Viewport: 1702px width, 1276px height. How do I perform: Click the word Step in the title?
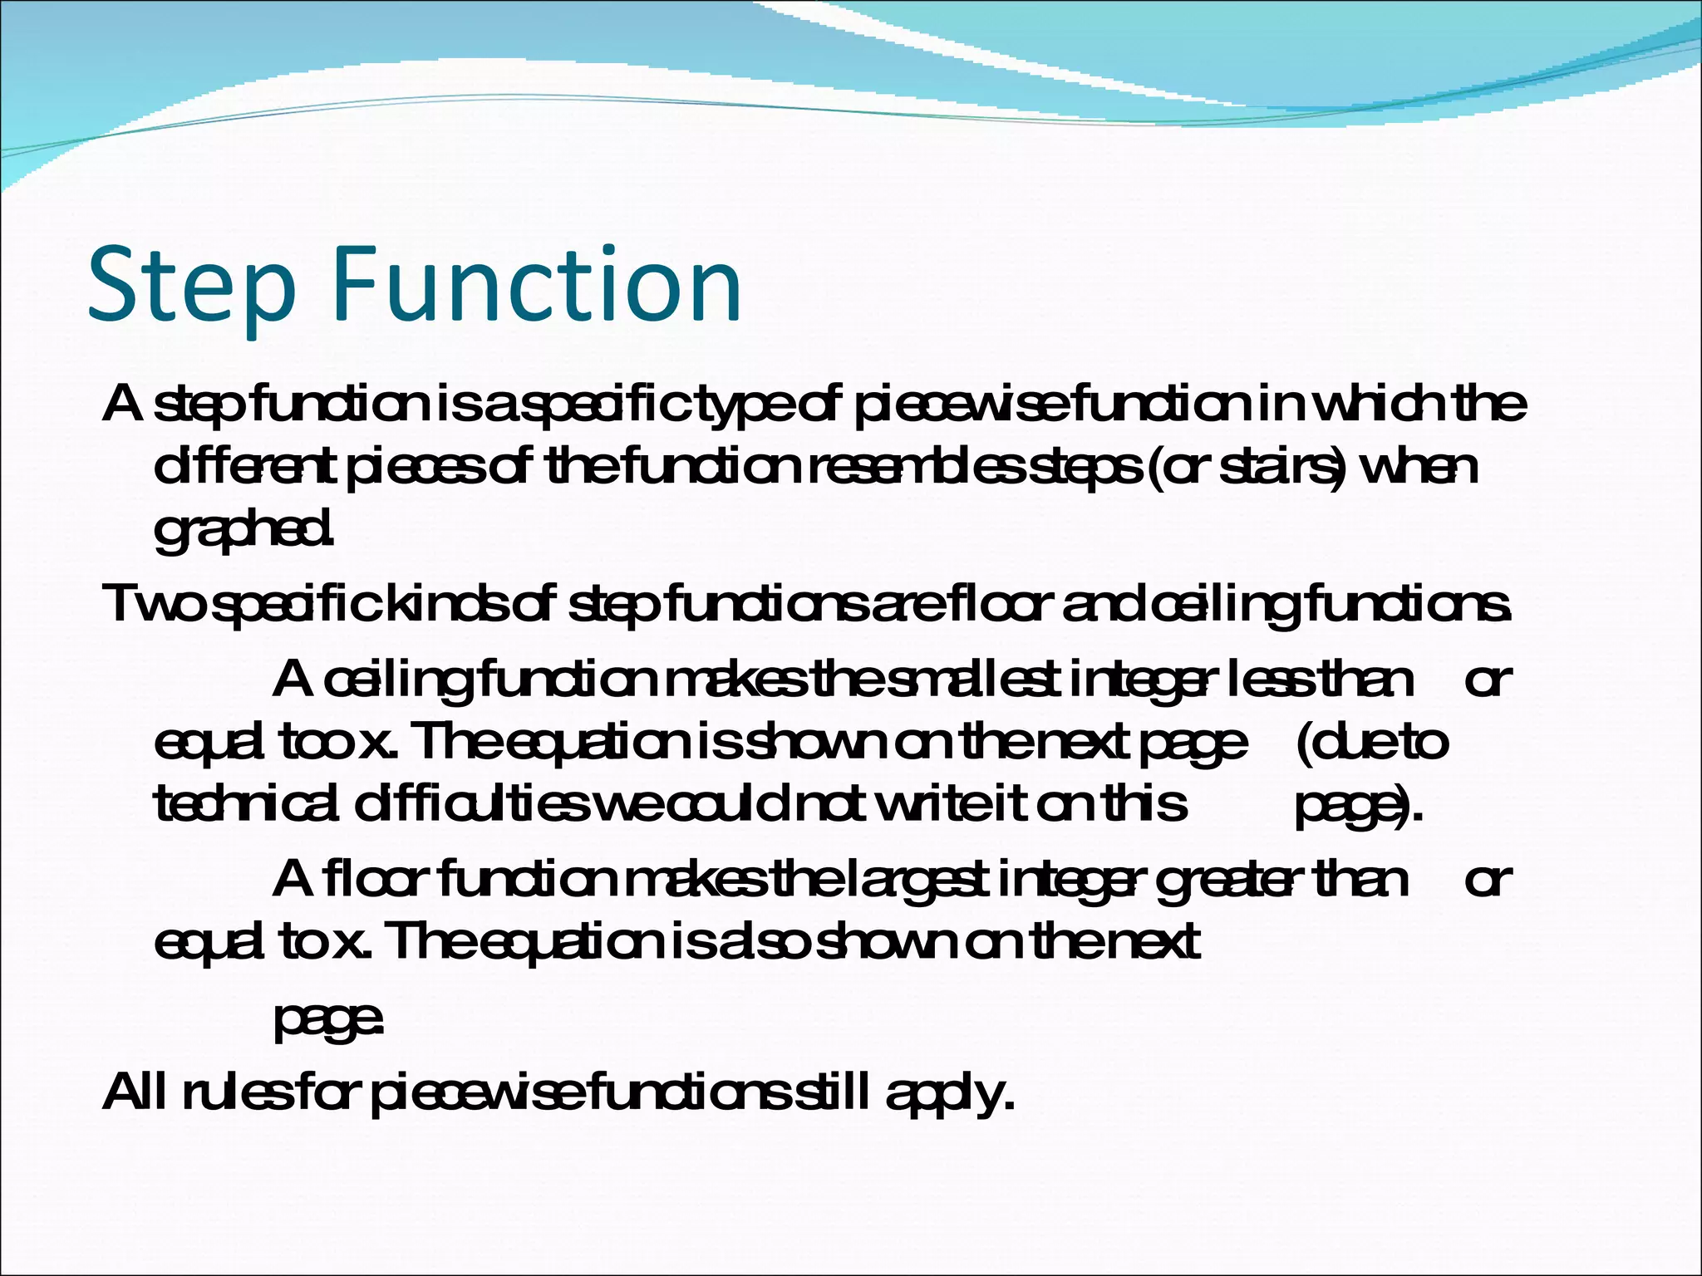point(191,284)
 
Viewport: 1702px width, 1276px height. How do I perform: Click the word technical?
point(246,804)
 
